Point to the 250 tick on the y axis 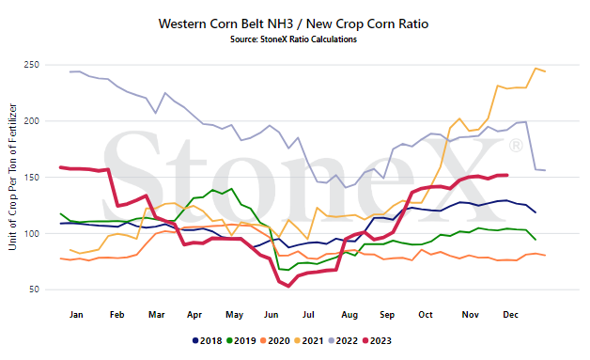click(x=32, y=65)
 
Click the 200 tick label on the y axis click(x=32, y=121)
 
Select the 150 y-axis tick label click(x=32, y=177)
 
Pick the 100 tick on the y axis click(x=32, y=233)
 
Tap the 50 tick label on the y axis click(x=34, y=290)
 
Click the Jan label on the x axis click(x=76, y=315)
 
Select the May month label click(x=234, y=315)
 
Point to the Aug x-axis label click(x=349, y=315)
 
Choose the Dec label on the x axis click(x=510, y=315)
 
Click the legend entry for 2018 click(x=208, y=341)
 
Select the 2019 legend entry click(x=241, y=341)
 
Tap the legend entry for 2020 click(x=275, y=341)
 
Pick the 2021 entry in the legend click(x=309, y=341)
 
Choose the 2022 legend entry click(x=343, y=341)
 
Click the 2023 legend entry click(x=377, y=341)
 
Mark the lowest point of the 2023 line click(x=288, y=286)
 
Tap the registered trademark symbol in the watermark click(x=516, y=146)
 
